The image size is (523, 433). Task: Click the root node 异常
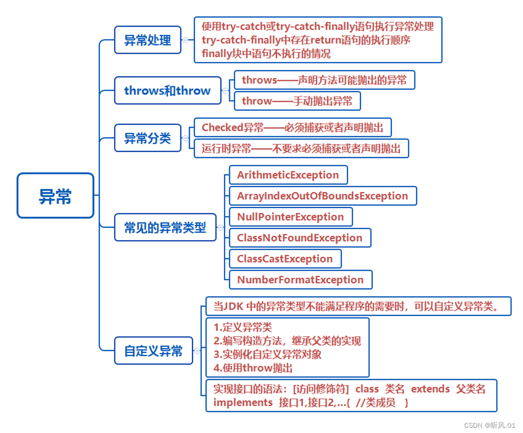click(x=55, y=196)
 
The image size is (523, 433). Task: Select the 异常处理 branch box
click(x=147, y=40)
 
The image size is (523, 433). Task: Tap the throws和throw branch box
click(x=167, y=91)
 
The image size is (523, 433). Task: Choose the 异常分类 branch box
click(x=147, y=138)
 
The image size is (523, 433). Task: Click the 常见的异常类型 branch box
click(x=165, y=227)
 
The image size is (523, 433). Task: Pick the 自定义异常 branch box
click(x=153, y=351)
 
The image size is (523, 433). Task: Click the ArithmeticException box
click(x=288, y=175)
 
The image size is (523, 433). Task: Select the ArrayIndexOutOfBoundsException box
click(x=323, y=196)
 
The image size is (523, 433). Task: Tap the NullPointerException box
click(x=290, y=217)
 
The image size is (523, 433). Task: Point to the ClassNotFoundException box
click(x=300, y=238)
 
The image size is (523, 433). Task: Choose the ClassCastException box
click(x=285, y=259)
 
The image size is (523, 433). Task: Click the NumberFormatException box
click(x=300, y=280)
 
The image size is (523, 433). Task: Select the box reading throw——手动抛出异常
click(x=297, y=101)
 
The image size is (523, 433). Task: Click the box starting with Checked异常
click(x=293, y=128)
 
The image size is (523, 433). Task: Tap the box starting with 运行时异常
click(x=301, y=149)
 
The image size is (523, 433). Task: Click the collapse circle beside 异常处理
click(x=185, y=40)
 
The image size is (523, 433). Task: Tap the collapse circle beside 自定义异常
click(x=197, y=351)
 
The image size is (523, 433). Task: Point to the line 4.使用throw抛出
click(x=253, y=368)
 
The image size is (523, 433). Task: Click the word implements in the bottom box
click(x=243, y=403)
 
